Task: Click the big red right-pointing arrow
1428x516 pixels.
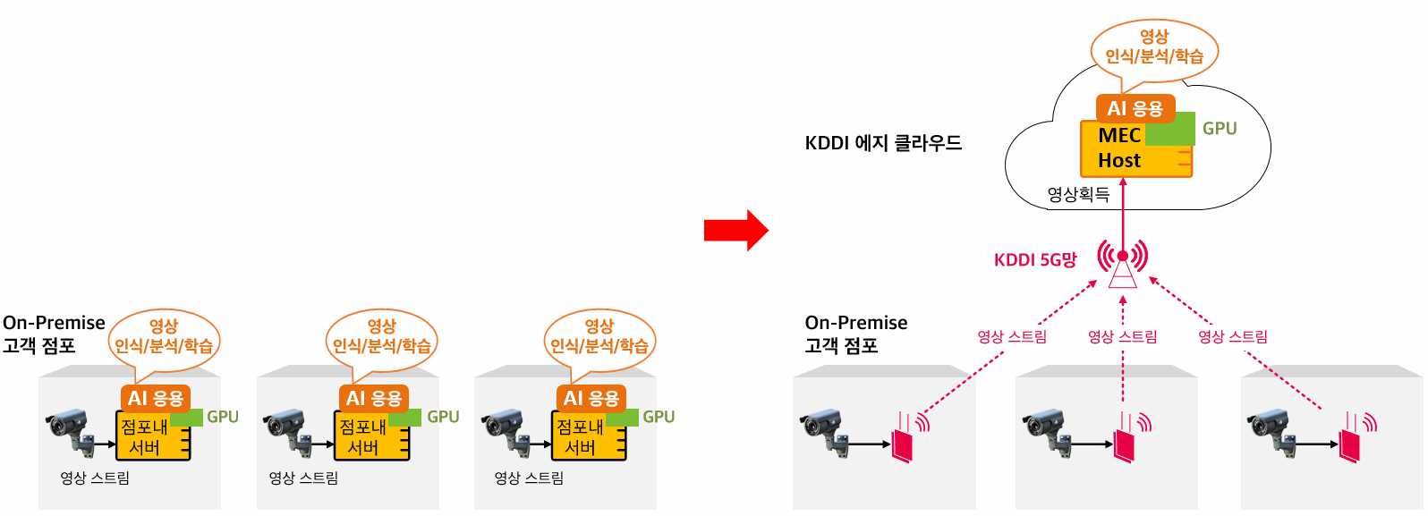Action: (x=736, y=230)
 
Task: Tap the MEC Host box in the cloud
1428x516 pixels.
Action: (x=1136, y=148)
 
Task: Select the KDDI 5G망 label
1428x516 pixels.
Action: (x=1035, y=260)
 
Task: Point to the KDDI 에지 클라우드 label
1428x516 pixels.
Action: (x=883, y=143)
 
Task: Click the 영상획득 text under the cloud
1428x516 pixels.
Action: (x=1079, y=194)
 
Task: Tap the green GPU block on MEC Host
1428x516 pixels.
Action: (x=1169, y=130)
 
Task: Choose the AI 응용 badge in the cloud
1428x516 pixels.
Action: (x=1135, y=108)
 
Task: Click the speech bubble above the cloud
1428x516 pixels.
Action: (x=1154, y=51)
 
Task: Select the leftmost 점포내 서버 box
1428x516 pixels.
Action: (x=153, y=436)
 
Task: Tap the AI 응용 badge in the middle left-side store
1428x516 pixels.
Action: (x=374, y=399)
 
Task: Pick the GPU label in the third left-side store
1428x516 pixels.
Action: (x=659, y=417)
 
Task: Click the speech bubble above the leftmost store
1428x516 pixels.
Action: (x=165, y=341)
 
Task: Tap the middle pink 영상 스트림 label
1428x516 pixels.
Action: (x=1123, y=336)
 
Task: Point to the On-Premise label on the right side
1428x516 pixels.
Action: (x=856, y=322)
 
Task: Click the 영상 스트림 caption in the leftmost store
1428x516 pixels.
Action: (x=95, y=478)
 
